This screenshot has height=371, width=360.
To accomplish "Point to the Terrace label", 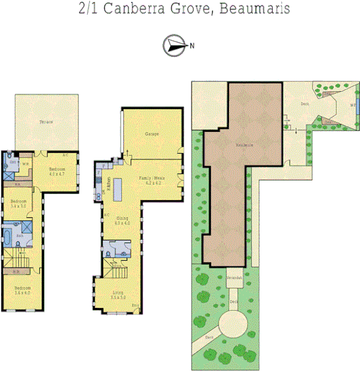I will pyautogui.click(x=46, y=121).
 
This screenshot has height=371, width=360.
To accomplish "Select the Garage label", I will pyautogui.click(x=151, y=134).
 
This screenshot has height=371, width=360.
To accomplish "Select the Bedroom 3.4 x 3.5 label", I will pyautogui.click(x=18, y=204).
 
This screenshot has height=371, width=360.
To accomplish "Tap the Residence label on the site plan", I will pyautogui.click(x=245, y=145).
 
